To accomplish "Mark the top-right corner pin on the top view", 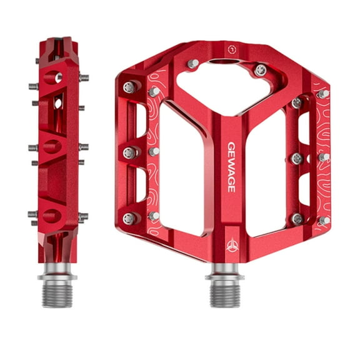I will [x=323, y=93].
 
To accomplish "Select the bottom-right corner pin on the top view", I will [x=323, y=220].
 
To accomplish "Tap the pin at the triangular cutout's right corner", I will [x=261, y=69].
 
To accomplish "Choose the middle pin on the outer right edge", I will [x=323, y=157].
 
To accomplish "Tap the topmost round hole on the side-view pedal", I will [x=57, y=77].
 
